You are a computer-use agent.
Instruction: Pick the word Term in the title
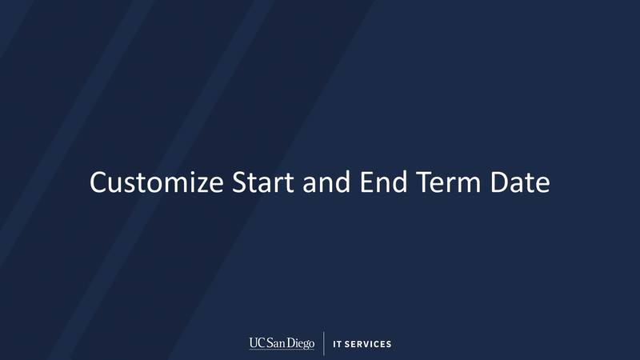pos(450,182)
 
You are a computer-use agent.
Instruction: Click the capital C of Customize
pos(98,182)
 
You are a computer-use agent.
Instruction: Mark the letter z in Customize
pos(196,184)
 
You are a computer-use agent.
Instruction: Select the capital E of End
pos(366,182)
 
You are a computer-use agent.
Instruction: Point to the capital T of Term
pos(422,182)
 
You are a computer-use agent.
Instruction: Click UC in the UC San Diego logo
pos(257,343)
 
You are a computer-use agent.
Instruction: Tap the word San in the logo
pos(277,343)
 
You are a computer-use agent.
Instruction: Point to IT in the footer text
pos(338,345)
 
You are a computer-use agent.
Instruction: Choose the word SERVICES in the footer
pos(369,345)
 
